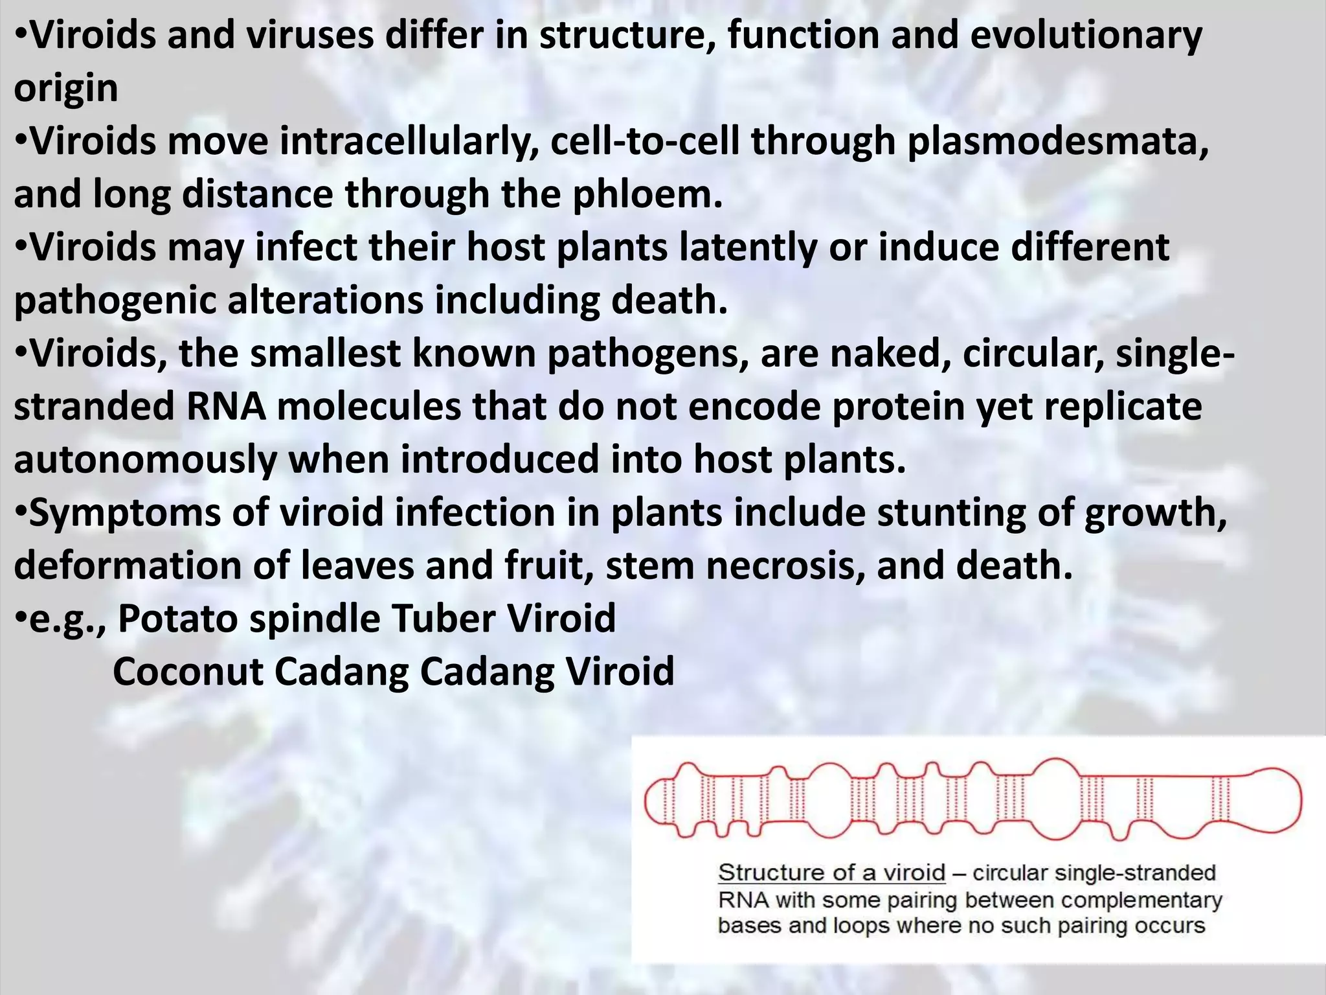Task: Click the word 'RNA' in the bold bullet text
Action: [x=226, y=407]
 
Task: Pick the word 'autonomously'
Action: [x=145, y=461]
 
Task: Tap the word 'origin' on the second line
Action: [x=65, y=89]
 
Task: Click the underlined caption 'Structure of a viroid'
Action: [x=831, y=873]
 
